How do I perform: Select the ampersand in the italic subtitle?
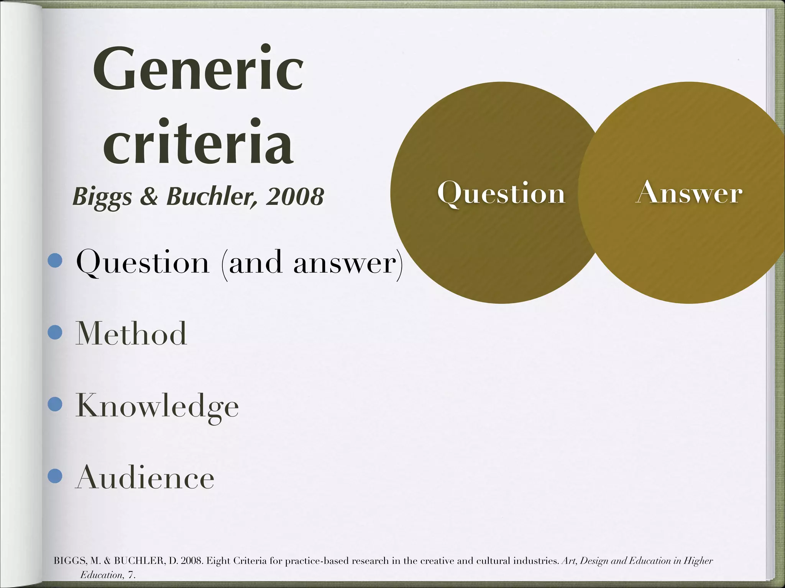(x=149, y=196)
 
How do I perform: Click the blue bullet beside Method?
(x=55, y=332)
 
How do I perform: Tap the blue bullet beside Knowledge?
(x=55, y=404)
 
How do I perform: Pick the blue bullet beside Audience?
(x=55, y=477)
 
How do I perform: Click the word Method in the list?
(x=131, y=333)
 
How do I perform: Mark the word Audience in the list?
(x=145, y=477)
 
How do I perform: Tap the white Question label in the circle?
(x=501, y=194)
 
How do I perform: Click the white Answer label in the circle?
(x=689, y=193)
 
